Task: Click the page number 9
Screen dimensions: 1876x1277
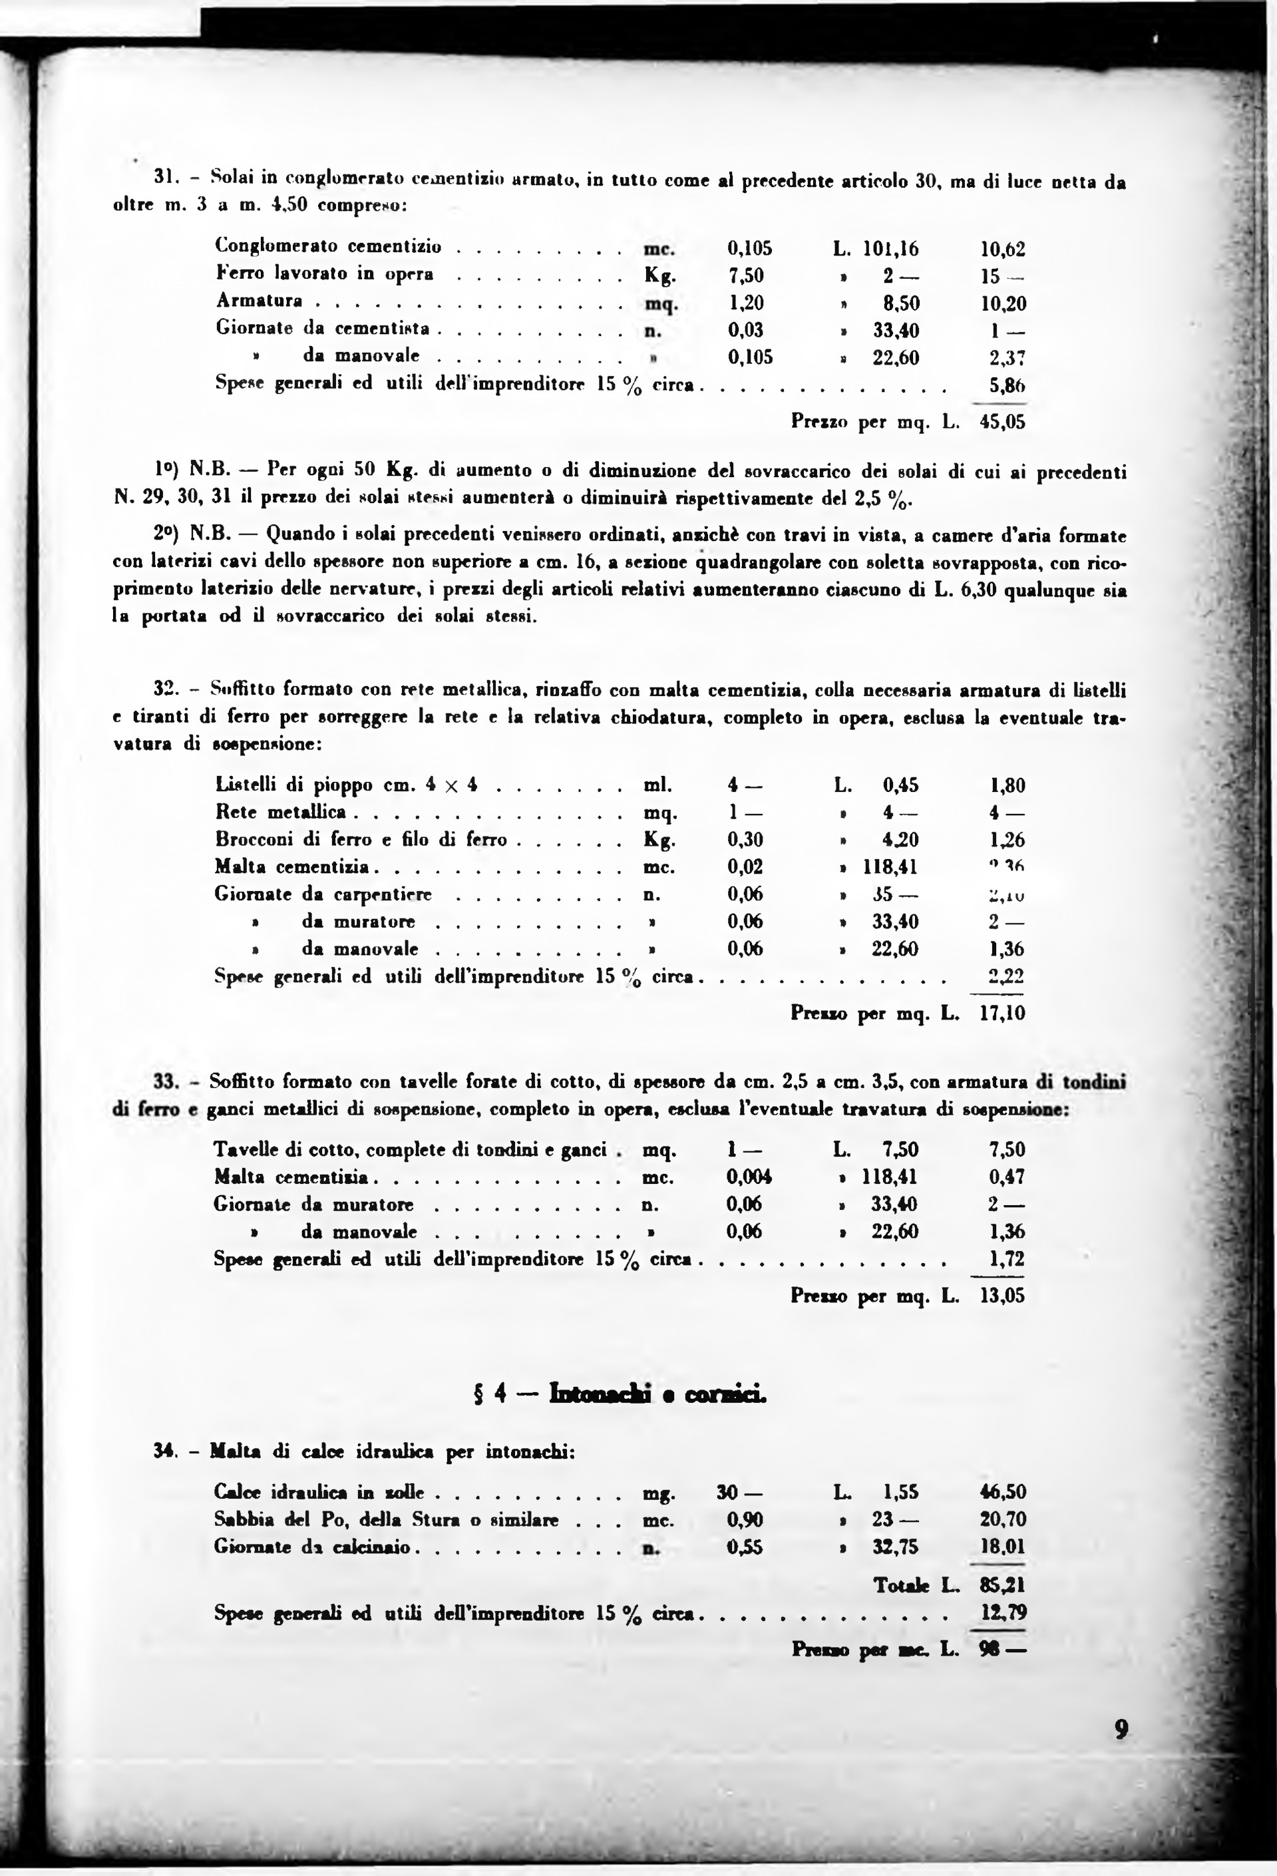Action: (x=1121, y=1729)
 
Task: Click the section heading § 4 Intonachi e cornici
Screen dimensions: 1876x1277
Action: (x=619, y=1394)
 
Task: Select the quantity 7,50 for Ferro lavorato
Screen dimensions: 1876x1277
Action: (x=746, y=276)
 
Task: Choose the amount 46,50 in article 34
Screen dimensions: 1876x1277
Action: (x=1002, y=1492)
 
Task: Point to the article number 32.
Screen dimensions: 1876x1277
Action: (x=166, y=689)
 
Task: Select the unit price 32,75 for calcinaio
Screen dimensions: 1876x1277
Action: (x=894, y=1547)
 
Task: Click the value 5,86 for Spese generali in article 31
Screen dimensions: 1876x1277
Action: (x=1007, y=385)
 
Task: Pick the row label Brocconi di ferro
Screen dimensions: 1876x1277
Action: (x=360, y=840)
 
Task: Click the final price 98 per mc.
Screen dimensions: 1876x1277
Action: (x=1002, y=1649)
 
